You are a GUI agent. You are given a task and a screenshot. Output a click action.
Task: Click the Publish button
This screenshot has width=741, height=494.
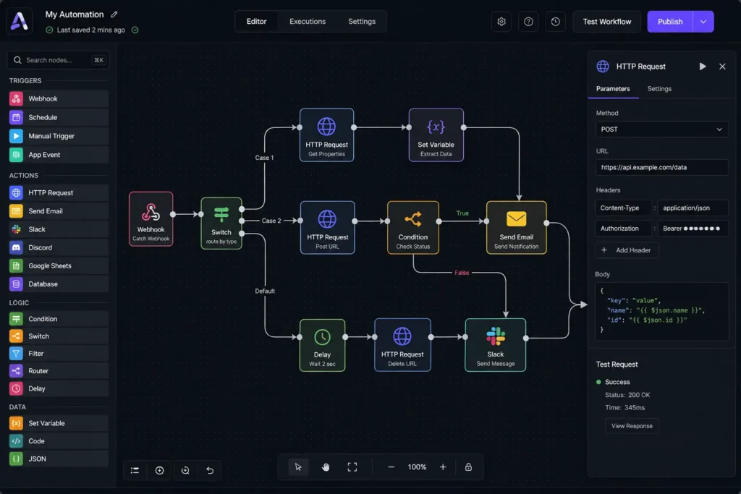[x=669, y=22]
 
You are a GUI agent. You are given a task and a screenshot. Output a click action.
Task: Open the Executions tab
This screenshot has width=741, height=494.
[x=307, y=22]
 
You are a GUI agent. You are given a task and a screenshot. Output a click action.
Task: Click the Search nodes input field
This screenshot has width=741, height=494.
[x=58, y=60]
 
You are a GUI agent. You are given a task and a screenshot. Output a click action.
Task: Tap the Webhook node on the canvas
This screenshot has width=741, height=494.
[x=151, y=219]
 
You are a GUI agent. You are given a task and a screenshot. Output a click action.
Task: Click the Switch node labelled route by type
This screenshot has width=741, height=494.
[x=221, y=223]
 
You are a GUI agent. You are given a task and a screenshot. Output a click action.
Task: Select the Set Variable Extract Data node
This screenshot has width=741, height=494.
[x=436, y=135]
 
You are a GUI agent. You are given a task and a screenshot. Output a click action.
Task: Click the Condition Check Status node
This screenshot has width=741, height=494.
[x=412, y=228]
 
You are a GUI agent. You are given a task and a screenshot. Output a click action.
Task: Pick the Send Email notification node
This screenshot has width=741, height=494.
[x=516, y=228]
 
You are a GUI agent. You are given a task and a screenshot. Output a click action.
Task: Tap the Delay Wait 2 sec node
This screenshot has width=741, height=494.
[x=322, y=345]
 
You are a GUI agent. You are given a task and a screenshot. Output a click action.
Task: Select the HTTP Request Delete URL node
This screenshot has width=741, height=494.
[x=402, y=345]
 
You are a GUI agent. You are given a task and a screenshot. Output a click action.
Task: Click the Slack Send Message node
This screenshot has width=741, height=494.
[x=495, y=345]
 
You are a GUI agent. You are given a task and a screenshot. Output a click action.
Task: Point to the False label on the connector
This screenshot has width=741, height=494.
[x=462, y=273]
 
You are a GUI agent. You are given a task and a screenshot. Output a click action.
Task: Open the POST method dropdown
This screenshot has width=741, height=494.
[x=661, y=129]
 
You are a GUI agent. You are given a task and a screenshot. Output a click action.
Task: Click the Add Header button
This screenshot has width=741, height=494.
[x=627, y=250]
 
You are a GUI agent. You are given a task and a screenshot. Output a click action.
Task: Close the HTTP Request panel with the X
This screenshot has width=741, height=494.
[x=722, y=67]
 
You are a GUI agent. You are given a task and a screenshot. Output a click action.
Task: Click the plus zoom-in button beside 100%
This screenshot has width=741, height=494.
[x=443, y=467]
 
